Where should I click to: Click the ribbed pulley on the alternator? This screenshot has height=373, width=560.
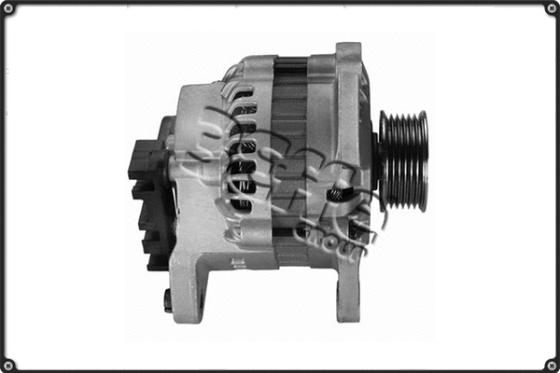403,160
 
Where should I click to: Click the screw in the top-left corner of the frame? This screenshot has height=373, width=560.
9,9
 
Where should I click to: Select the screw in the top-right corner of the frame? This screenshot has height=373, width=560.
551,9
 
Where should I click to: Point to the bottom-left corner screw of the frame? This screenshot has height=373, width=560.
9,364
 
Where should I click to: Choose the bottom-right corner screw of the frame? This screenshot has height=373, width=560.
551,364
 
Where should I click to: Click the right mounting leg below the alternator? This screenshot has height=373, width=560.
347,289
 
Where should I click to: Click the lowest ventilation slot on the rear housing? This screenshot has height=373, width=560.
241,202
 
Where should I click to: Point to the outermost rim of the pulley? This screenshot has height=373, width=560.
424,160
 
